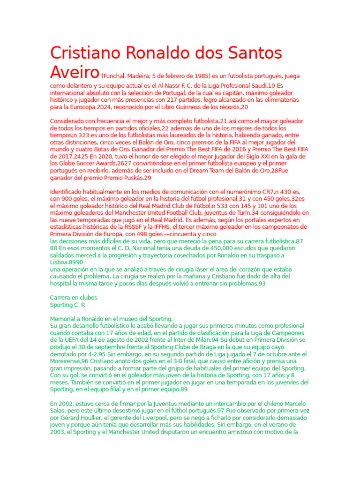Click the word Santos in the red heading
pos(247,53)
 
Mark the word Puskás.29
pos(136,178)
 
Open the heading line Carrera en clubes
pos(74,298)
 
